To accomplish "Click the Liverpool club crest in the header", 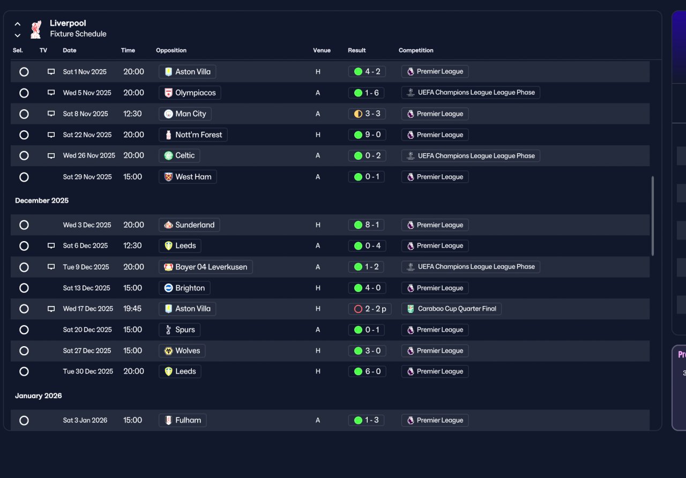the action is (x=36, y=29).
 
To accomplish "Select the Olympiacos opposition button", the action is (x=190, y=93).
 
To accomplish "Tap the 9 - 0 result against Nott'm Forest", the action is (x=367, y=135).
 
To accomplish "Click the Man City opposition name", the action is (x=190, y=114).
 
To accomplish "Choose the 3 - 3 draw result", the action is (x=367, y=114).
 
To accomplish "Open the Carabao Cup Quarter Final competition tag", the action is (x=451, y=309).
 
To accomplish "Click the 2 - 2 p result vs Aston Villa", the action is (x=370, y=309).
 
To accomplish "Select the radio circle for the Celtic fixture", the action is (x=24, y=156).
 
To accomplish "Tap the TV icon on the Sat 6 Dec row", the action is (x=51, y=245).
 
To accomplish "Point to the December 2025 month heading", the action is (x=42, y=200).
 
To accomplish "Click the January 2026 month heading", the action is (x=39, y=395).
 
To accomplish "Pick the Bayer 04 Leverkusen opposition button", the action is (x=205, y=267).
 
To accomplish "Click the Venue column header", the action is (x=322, y=50).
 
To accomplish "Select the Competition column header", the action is (x=416, y=50).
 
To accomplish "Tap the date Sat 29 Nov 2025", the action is (x=87, y=177).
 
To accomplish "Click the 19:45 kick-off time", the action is (x=132, y=309).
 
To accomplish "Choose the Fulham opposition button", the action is (x=183, y=421).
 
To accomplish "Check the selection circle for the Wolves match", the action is (x=24, y=351).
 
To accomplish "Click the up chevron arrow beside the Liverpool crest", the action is (x=18, y=24).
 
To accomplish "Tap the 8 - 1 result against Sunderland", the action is (x=366, y=225).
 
